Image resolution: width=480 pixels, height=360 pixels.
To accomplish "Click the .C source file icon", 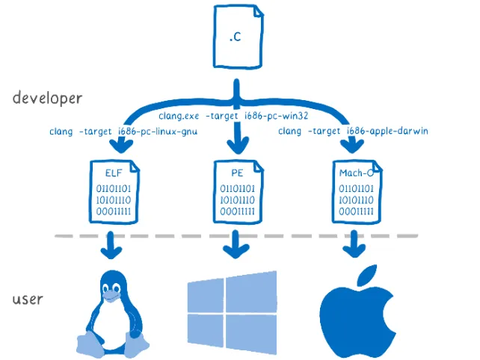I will pos(239,36).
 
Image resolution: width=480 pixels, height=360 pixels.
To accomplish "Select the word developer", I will pos(47,99).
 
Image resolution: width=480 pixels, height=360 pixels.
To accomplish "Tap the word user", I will pos(28,300).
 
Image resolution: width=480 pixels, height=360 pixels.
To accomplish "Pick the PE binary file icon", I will pos(239,190).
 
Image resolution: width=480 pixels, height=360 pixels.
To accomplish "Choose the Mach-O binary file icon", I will pos(356,190).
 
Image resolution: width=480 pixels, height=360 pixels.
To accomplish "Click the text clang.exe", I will pos(177,117).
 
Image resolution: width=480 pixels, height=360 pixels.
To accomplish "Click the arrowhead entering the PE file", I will pos(239,145).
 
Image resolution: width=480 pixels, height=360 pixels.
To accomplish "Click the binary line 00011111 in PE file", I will pos(239,211).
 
